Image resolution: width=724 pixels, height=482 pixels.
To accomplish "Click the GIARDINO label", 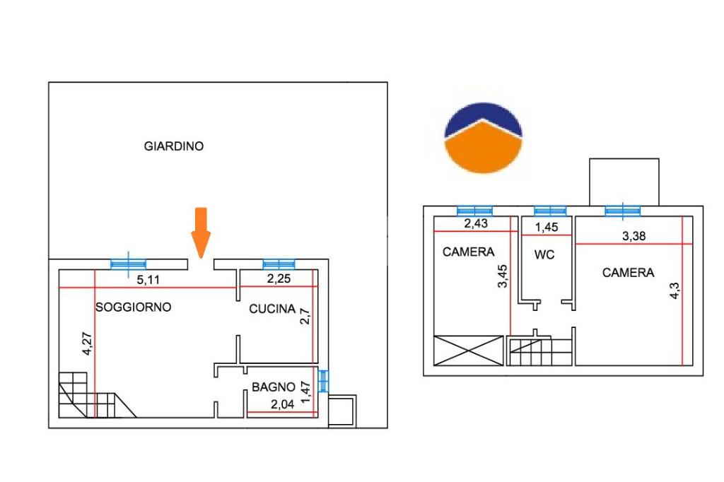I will [174, 147].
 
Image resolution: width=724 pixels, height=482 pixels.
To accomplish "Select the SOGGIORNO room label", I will [134, 307].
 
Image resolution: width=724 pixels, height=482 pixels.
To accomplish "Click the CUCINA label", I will [272, 309].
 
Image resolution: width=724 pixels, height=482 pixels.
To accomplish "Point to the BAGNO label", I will [274, 387].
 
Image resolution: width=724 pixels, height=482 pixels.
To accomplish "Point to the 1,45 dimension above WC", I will [546, 228].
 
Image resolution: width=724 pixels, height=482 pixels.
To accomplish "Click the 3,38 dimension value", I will [633, 237].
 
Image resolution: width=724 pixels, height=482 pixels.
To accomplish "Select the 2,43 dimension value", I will [476, 224].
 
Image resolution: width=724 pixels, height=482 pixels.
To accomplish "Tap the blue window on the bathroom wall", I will [324, 382].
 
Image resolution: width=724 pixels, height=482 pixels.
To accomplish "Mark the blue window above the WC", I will [550, 210].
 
